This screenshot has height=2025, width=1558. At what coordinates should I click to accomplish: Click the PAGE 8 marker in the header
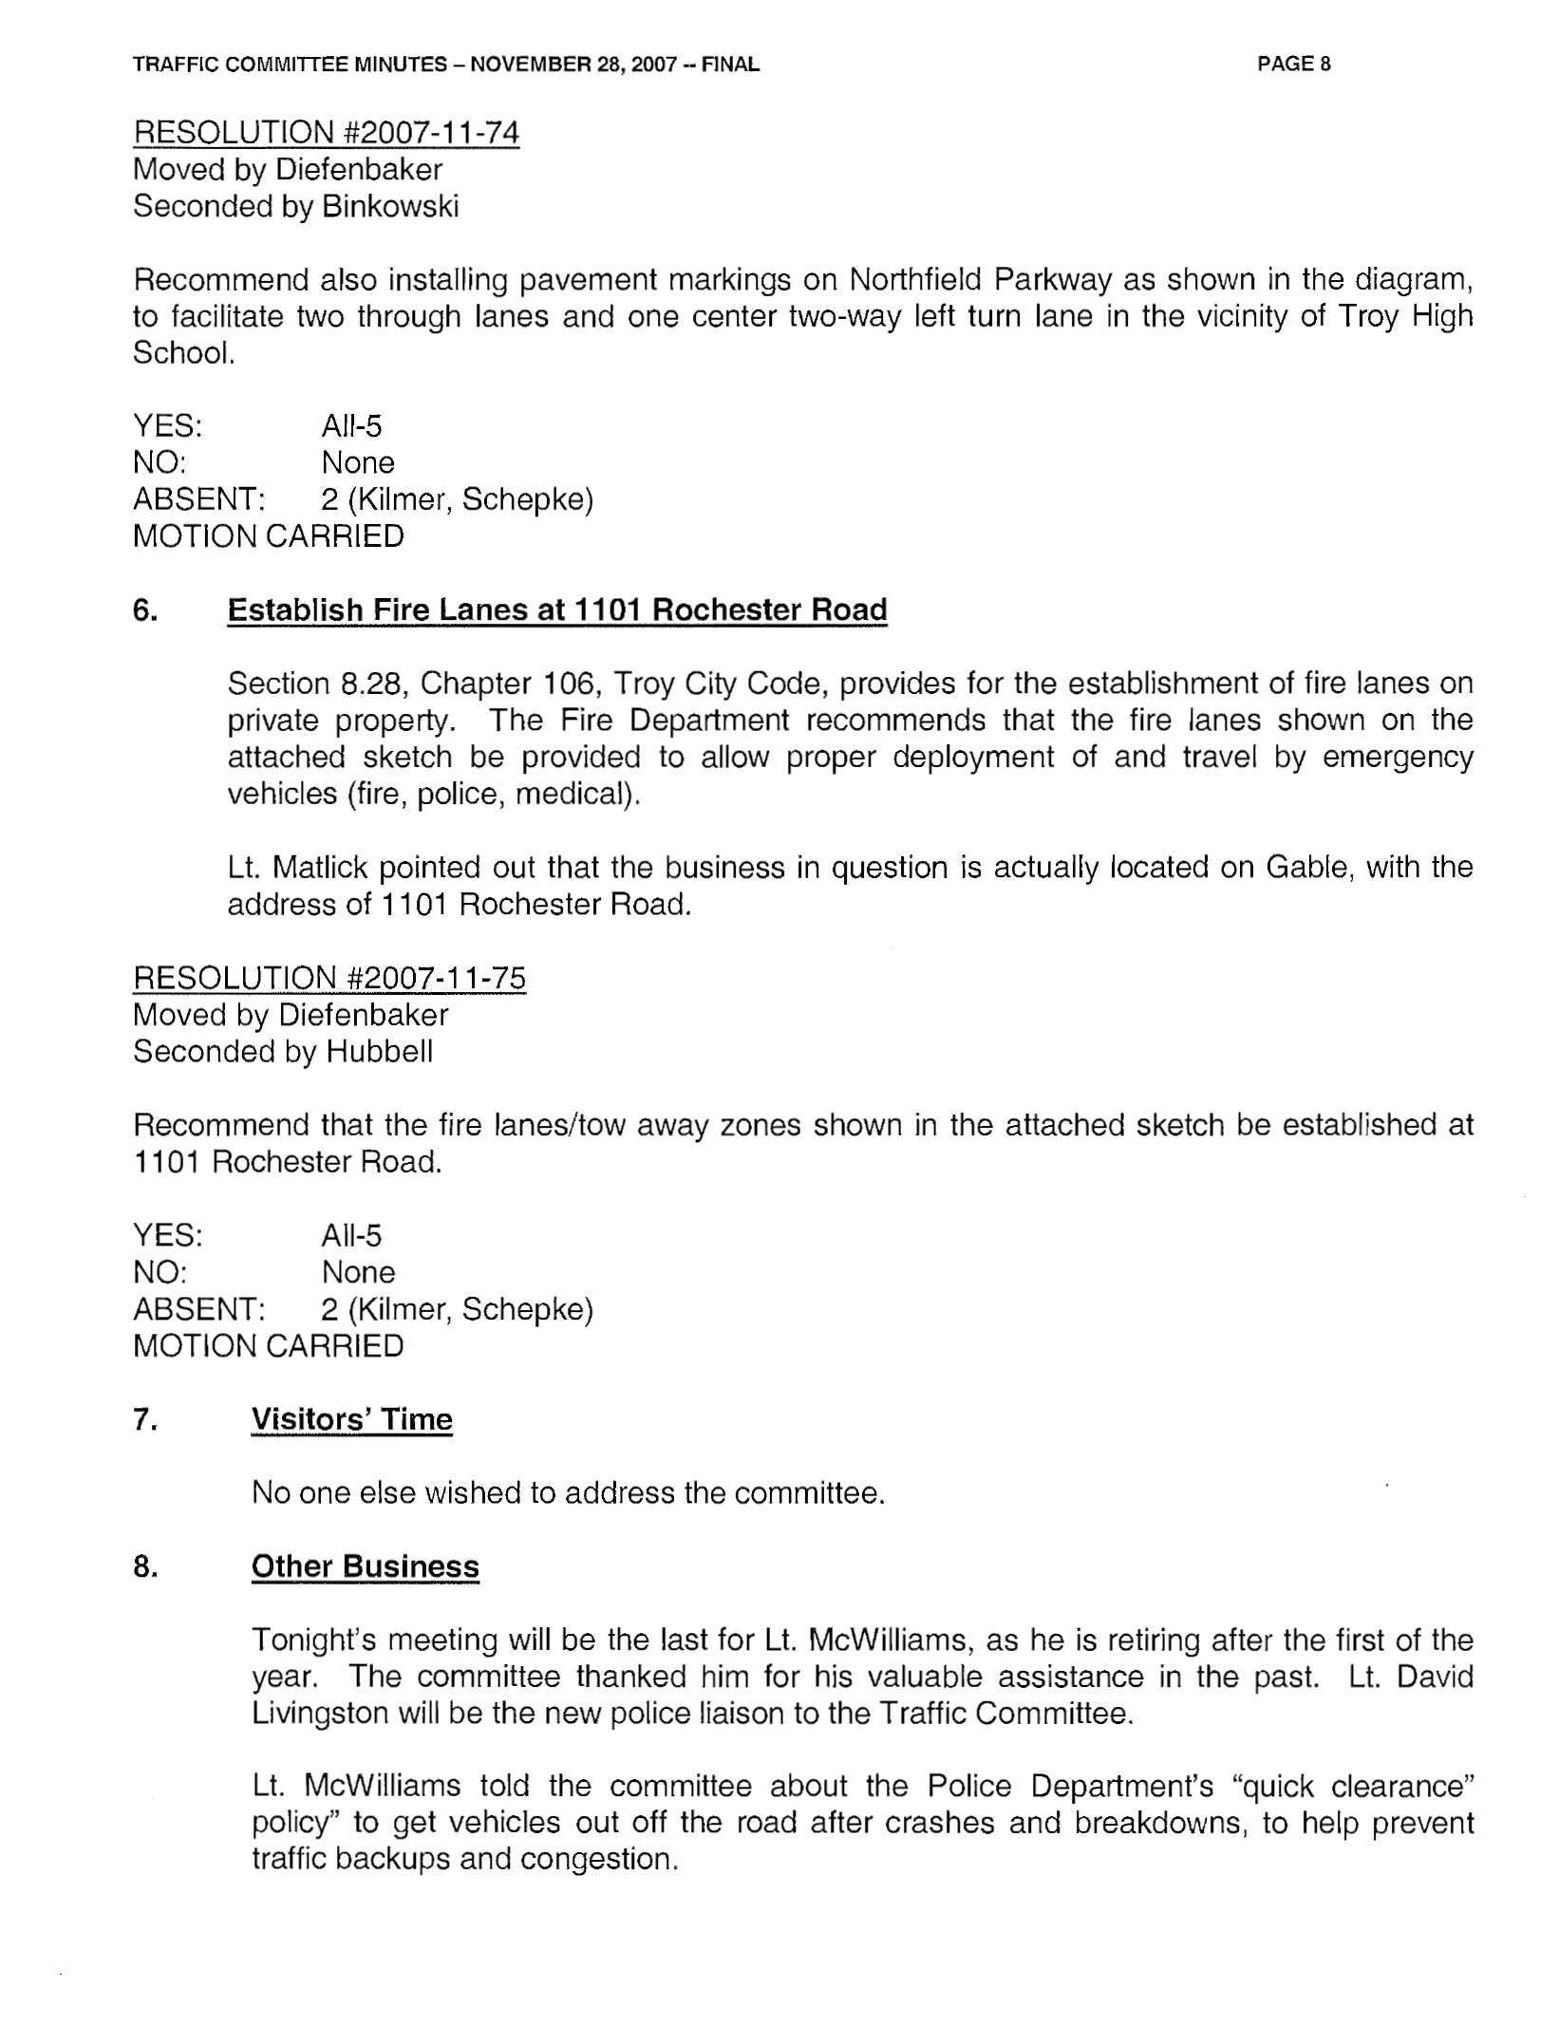pyautogui.click(x=1293, y=65)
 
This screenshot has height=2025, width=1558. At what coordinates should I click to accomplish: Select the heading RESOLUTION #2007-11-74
pyautogui.click(x=326, y=133)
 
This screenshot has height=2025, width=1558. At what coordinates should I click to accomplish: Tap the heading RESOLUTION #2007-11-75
pyautogui.click(x=328, y=978)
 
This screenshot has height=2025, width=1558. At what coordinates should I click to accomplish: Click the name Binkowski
pyautogui.click(x=390, y=207)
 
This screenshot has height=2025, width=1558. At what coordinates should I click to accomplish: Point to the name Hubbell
pyautogui.click(x=380, y=1052)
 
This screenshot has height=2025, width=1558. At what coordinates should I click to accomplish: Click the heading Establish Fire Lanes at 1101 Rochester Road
pyautogui.click(x=557, y=609)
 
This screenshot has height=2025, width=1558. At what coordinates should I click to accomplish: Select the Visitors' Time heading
pyautogui.click(x=351, y=1419)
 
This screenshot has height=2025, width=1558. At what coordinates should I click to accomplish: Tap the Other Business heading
pyautogui.click(x=365, y=1566)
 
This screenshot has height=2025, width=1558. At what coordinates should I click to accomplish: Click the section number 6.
pyautogui.click(x=145, y=609)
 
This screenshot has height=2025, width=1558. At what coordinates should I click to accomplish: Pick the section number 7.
pyautogui.click(x=145, y=1419)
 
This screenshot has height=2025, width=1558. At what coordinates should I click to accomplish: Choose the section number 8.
pyautogui.click(x=145, y=1566)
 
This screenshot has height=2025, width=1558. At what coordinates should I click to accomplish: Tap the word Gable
pyautogui.click(x=1306, y=868)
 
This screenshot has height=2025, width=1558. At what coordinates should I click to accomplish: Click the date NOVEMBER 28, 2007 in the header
pyautogui.click(x=573, y=65)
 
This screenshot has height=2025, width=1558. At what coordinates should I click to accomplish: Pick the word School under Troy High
pyautogui.click(x=181, y=353)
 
